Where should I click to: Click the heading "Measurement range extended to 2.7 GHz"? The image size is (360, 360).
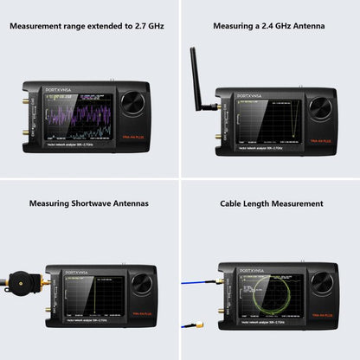[x=87, y=26]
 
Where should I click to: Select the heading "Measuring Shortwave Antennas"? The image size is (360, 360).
[x=89, y=203]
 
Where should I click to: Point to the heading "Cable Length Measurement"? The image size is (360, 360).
[x=272, y=203]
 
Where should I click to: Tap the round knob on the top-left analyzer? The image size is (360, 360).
[x=132, y=104]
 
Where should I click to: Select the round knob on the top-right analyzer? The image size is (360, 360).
[x=318, y=108]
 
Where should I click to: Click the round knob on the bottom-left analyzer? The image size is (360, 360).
[x=141, y=284]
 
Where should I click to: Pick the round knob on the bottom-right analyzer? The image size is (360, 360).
[x=322, y=284]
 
